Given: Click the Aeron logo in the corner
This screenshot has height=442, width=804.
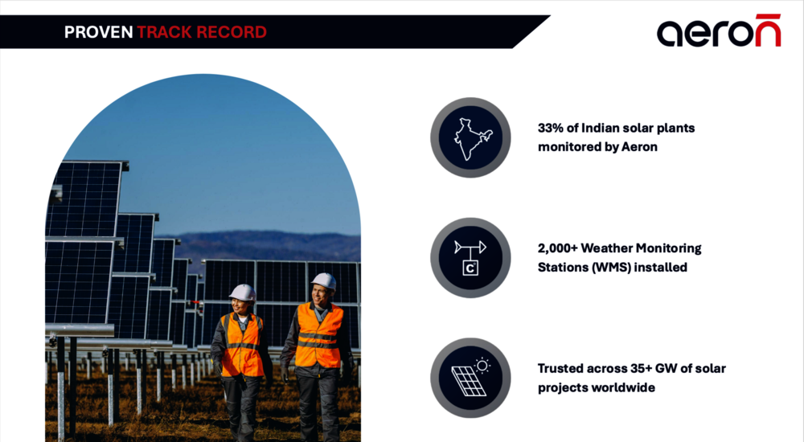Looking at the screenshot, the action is pos(719,31).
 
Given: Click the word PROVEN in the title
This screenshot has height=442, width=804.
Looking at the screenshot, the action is pos(98,32).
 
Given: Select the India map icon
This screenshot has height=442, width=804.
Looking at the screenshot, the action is pos(470,138).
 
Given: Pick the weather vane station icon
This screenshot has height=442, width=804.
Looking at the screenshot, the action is pos(470,258).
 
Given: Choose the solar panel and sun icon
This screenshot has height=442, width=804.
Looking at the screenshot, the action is pos(470,378).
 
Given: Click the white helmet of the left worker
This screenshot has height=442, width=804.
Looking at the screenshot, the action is pos(243,293).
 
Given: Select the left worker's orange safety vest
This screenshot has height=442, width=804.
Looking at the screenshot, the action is pos(242,345).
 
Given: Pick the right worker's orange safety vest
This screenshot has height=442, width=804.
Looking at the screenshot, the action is pos(318,335).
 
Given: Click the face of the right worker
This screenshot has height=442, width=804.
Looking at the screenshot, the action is pos(319,294).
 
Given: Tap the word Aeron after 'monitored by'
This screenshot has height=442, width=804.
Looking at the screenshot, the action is pos(639,147).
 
